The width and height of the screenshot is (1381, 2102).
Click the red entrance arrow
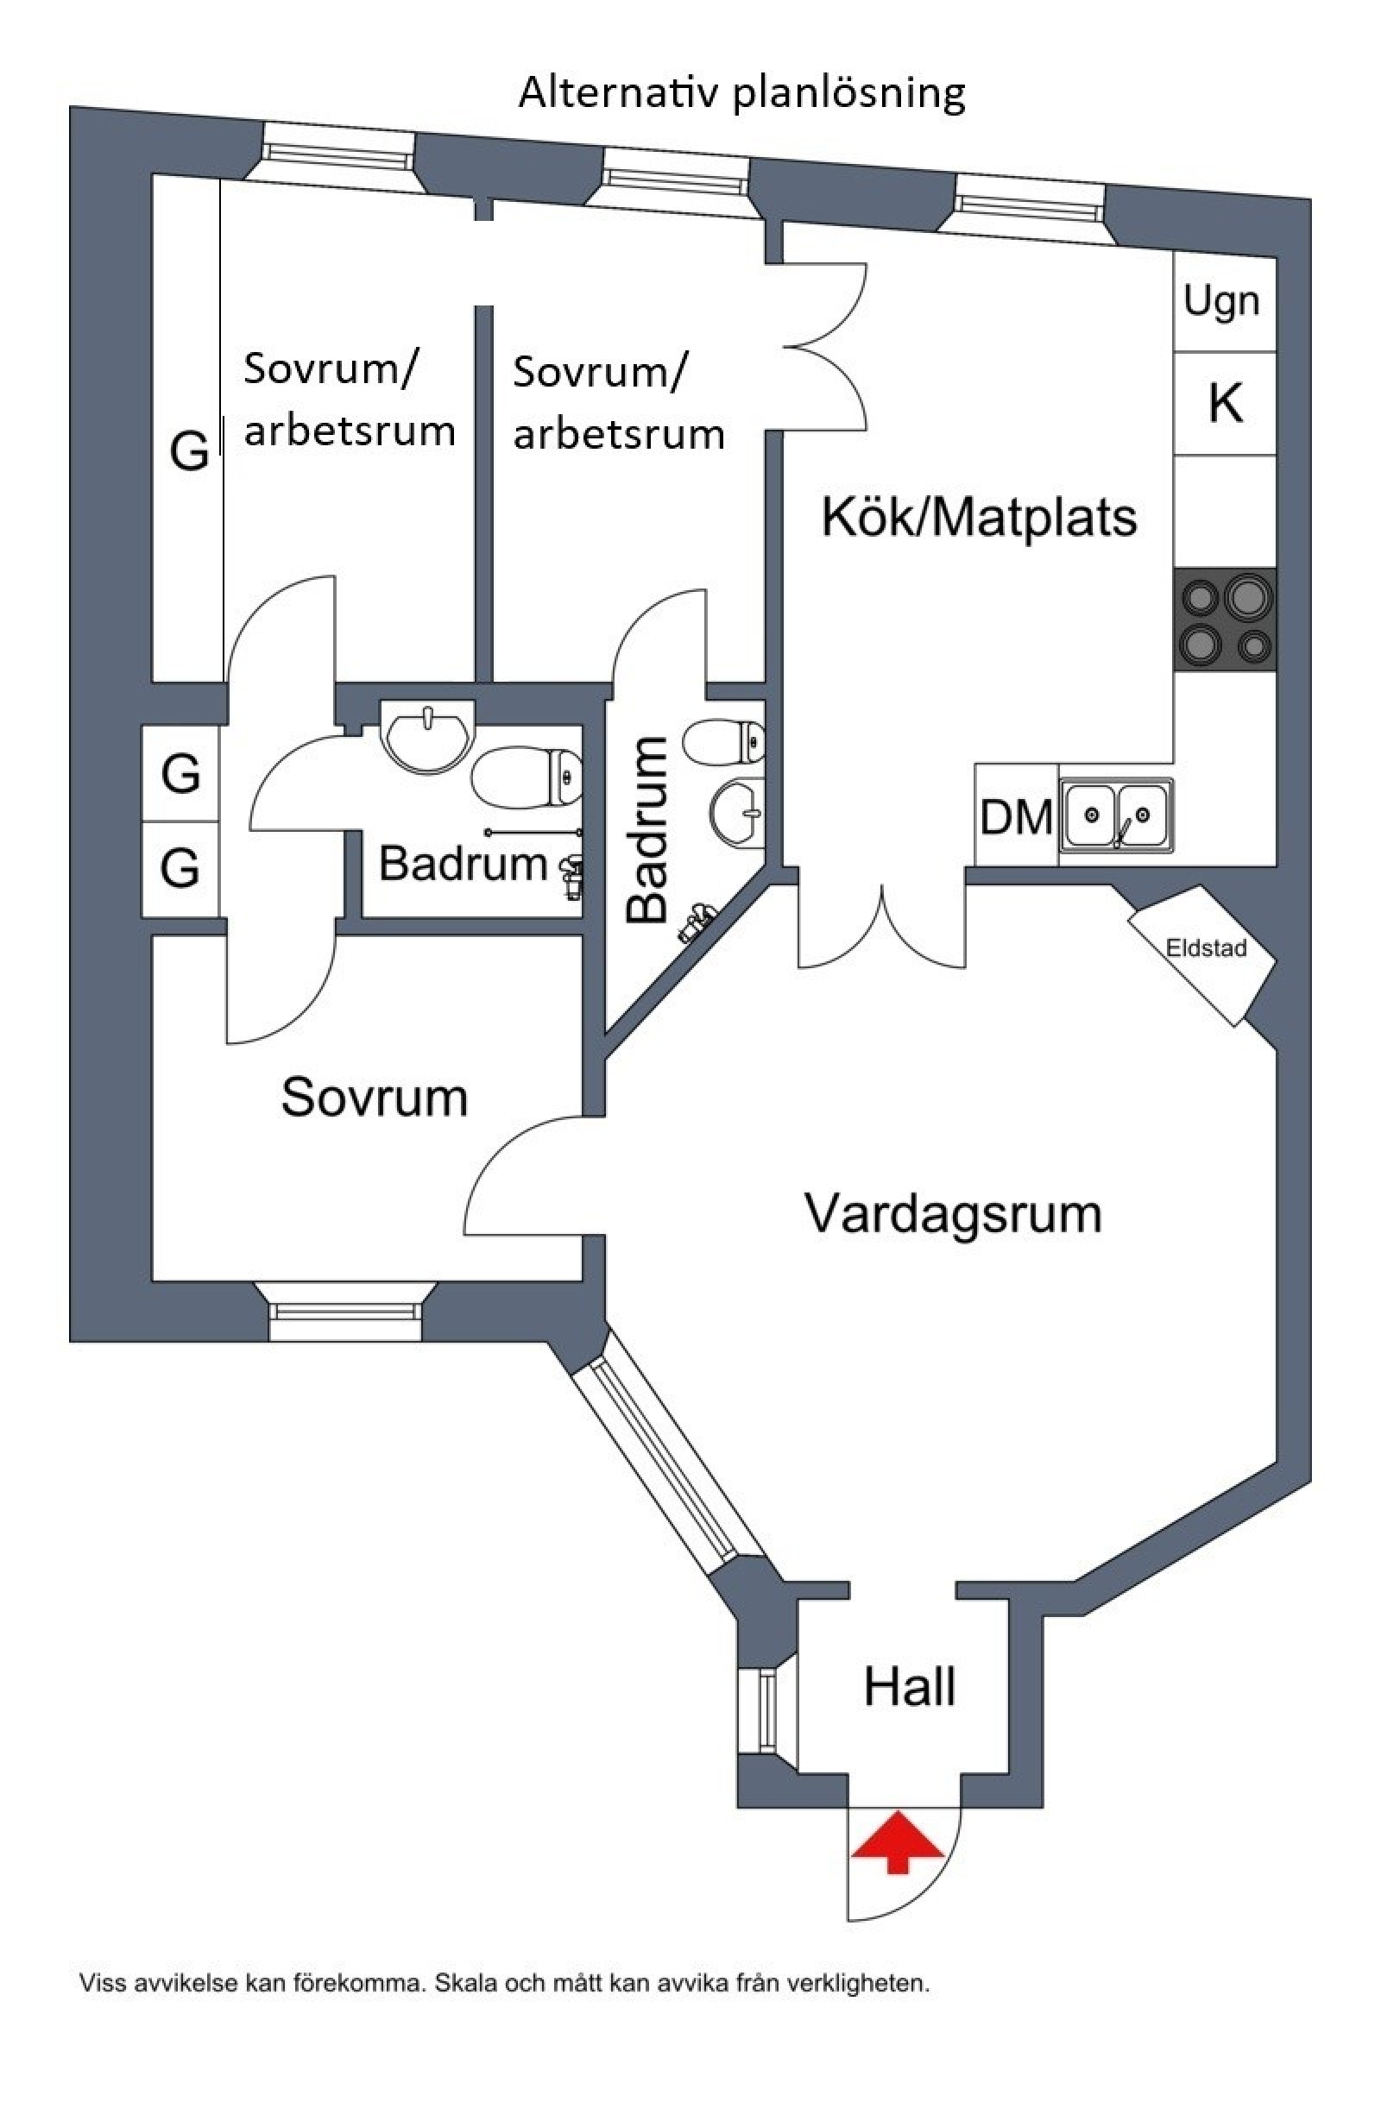pos(897,1841)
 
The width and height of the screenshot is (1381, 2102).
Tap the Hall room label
pos(909,1687)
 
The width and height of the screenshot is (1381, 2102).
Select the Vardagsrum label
pos(953,1213)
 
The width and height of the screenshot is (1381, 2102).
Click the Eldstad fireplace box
pos(1202,950)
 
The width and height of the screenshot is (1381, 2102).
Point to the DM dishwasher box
pos(1015,817)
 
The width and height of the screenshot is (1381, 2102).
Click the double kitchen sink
pos(1118,815)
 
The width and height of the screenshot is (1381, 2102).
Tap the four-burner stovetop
pos(1226,619)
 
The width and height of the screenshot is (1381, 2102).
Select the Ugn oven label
pos(1221,302)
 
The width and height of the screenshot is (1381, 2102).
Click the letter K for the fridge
pos(1225,404)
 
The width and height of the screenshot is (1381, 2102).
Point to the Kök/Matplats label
pos(979,517)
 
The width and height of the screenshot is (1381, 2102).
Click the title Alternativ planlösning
pos(741,92)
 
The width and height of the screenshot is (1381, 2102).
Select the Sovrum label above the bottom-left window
pos(375,1098)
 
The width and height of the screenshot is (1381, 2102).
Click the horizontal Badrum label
pos(463,863)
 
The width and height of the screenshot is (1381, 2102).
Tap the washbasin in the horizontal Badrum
pos(426,733)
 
